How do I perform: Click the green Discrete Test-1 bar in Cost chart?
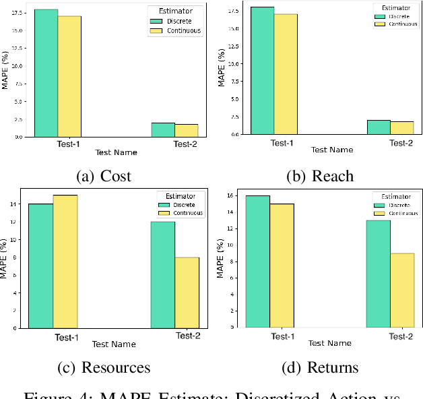point(46,73)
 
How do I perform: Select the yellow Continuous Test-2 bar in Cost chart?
point(187,130)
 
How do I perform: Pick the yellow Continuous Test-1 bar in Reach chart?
point(285,74)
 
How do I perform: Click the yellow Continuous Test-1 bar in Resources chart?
point(65,261)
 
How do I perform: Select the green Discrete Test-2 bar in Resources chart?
point(163,274)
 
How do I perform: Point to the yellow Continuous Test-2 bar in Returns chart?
point(402,290)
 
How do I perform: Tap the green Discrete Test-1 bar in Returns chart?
point(258,262)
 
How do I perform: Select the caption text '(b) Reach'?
point(320,177)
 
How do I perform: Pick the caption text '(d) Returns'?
point(321,367)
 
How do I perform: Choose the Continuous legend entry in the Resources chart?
point(186,213)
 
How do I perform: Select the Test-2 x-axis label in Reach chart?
point(401,143)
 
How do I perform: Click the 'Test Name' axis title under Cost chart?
point(116,153)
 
